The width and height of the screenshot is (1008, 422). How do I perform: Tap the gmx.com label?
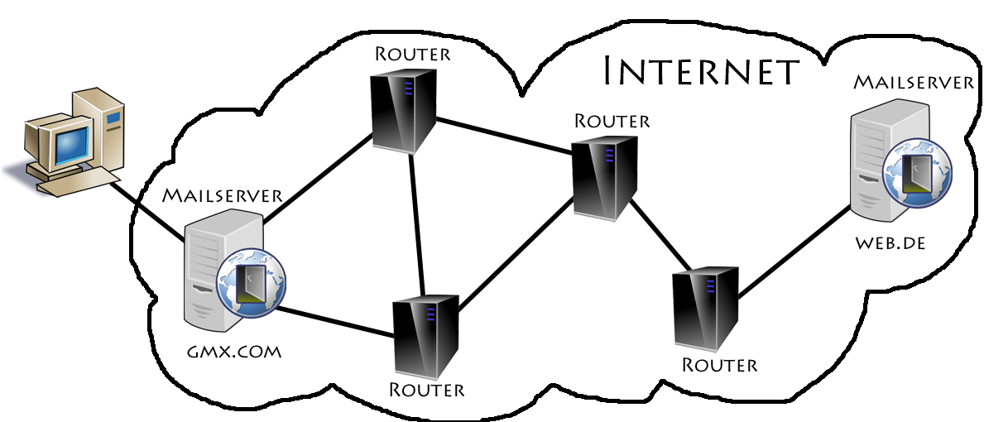coord(234,352)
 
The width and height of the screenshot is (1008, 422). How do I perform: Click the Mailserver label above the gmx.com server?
coord(223,195)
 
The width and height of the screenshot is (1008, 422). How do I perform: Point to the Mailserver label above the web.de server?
coord(914,82)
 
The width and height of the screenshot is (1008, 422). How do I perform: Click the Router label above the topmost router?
coord(412,54)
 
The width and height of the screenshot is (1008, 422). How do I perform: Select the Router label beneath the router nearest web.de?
coord(719,364)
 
